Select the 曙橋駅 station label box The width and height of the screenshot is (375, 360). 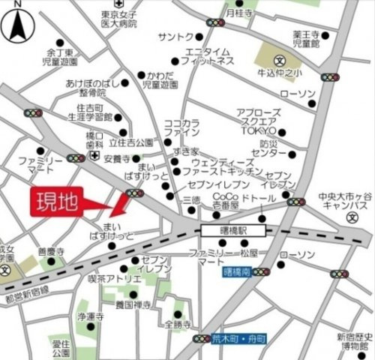pos(226,230)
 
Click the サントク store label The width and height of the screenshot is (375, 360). pos(177,37)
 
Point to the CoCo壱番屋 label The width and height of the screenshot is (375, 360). pos(224,199)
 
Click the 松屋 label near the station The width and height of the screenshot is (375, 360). pos(249,254)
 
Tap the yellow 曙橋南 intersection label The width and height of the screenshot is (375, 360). pos(237,272)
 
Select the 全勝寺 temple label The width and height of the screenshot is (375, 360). pos(177,325)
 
